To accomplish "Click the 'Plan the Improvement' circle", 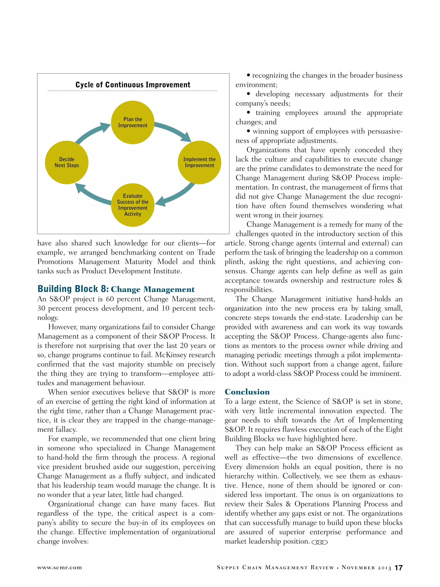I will [x=133, y=122].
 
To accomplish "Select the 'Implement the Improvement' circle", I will [x=199, y=162].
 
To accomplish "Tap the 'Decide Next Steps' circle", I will [x=67, y=162].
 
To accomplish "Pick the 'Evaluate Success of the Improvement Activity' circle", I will [x=133, y=205].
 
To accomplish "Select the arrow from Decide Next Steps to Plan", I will [x=92, y=133].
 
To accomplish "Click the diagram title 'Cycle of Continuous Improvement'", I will [x=133, y=85].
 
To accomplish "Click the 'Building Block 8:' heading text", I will [x=73, y=289].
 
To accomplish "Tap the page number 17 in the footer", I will [x=398, y=568].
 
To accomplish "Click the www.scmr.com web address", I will [x=60, y=568].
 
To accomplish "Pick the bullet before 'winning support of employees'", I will [x=249, y=132].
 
